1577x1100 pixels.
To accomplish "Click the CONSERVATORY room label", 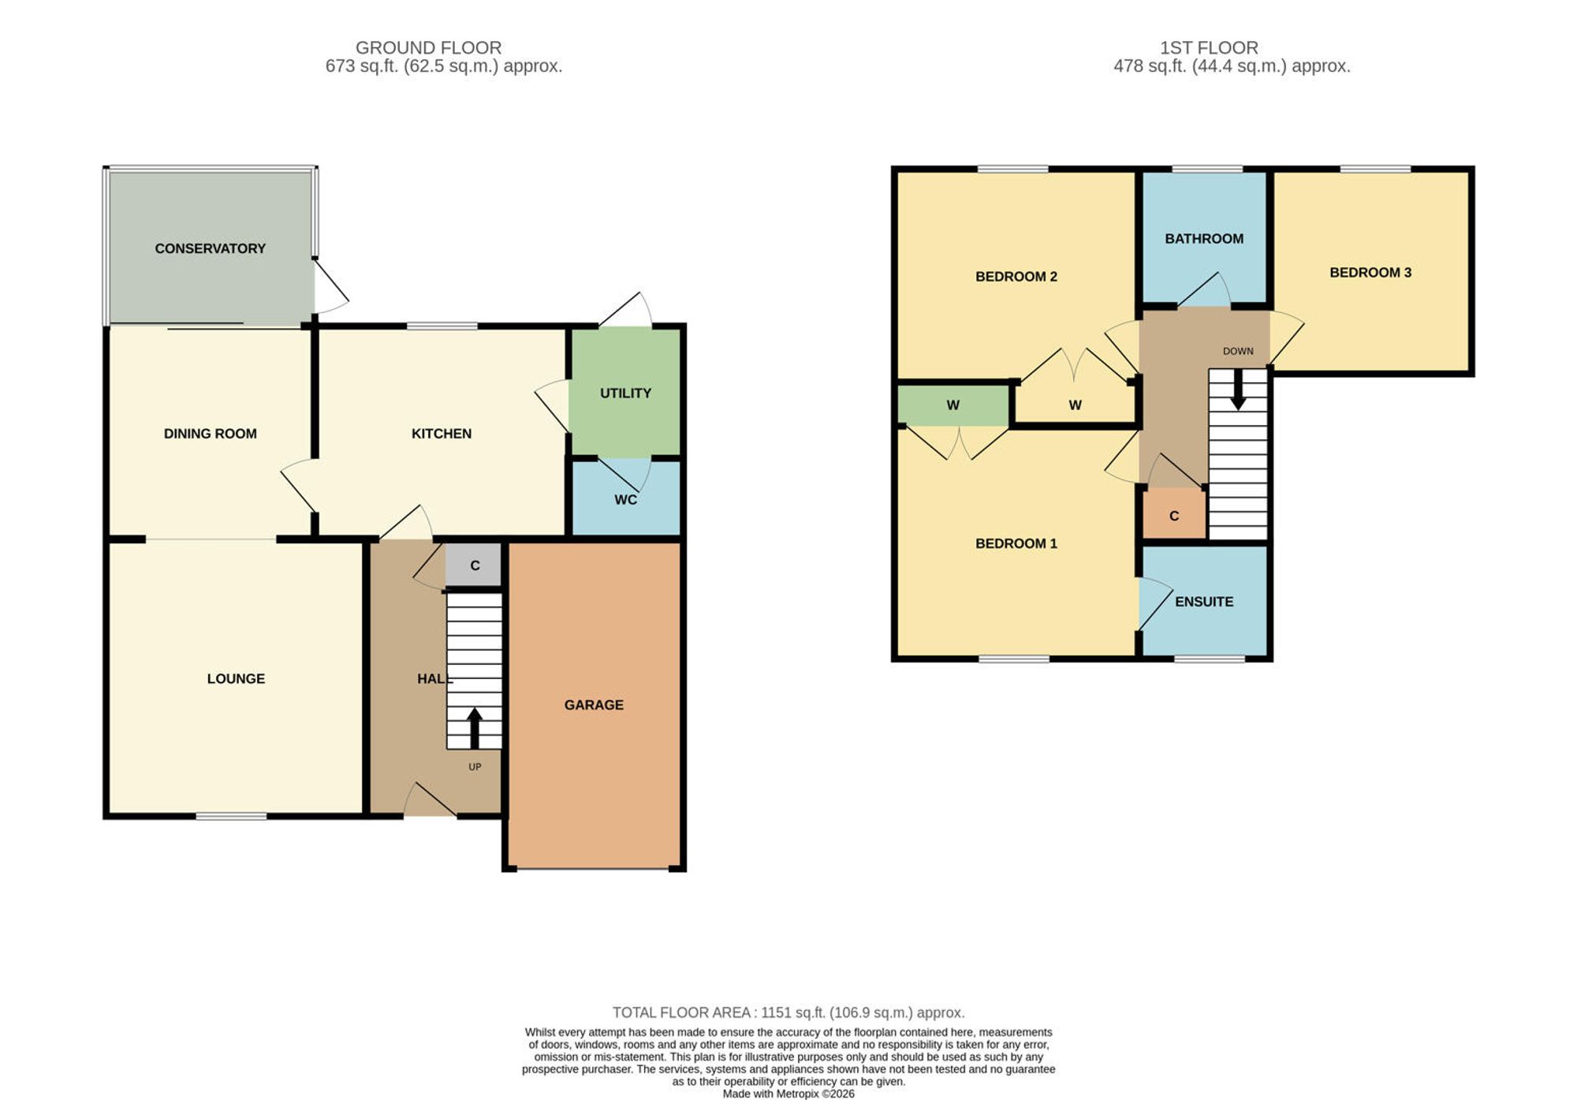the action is coord(210,248).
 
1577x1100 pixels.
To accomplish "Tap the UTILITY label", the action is coord(625,393).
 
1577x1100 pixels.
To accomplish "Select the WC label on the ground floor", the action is coord(625,499).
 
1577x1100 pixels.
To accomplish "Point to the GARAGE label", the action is coord(594,705).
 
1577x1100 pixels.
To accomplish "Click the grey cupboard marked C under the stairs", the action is coord(473,565).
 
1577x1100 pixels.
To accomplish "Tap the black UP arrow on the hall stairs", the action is coord(475,728).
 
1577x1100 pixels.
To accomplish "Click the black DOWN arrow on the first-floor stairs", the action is coord(1238,390).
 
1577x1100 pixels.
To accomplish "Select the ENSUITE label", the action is coord(1204,602).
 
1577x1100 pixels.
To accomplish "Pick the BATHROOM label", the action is coord(1204,239).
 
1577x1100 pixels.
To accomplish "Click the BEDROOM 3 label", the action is coord(1370,273).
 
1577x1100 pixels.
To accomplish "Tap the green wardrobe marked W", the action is coord(953,405).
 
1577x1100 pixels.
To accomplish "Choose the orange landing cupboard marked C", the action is coord(1174,514).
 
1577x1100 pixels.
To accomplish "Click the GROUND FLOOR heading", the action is coord(428,48).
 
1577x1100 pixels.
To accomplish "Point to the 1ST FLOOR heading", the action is coord(1209,48).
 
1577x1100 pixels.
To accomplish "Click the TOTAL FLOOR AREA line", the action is coord(788,1012).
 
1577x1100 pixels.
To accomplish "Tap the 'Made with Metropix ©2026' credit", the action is coord(788,1094).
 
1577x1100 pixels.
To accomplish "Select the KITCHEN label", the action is coord(442,434).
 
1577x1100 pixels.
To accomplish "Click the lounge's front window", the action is coord(231,816).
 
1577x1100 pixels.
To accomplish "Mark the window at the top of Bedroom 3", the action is coord(1375,169).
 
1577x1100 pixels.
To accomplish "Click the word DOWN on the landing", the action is coord(1238,351).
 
